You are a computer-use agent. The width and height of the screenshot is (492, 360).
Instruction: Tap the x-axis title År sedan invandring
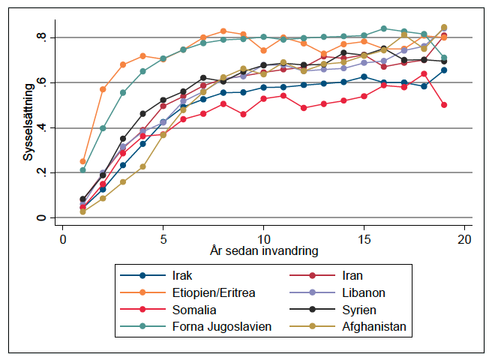(263, 248)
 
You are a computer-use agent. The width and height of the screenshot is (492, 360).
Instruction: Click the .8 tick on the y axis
(44, 37)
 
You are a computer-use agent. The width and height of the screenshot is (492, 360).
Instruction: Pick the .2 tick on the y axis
(44, 172)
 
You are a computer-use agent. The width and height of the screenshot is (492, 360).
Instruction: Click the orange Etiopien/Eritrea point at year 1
(82, 161)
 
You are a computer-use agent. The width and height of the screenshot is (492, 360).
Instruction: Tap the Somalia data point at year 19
(444, 105)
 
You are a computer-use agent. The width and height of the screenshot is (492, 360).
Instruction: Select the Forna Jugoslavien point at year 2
(103, 128)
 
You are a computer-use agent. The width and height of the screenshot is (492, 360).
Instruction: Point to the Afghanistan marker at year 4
(142, 166)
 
